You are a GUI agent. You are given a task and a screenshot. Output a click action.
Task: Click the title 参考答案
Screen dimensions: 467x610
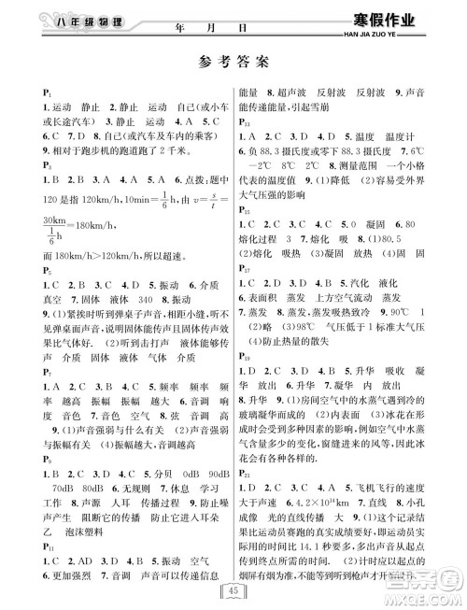(x=233, y=64)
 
